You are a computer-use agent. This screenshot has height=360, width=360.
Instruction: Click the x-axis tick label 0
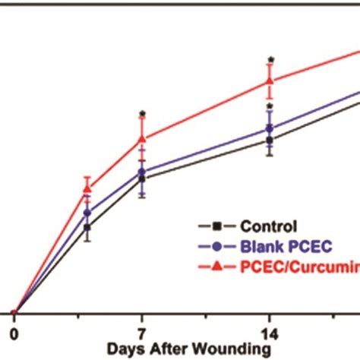pyautogui.click(x=13, y=332)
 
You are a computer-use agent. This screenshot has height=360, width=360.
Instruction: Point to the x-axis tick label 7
pyautogui.click(x=141, y=332)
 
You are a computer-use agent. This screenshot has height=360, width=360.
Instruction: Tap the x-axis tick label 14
pyautogui.click(x=269, y=332)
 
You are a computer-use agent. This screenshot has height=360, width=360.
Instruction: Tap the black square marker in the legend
pyautogui.click(x=217, y=226)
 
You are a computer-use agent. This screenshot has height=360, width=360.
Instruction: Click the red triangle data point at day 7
pyautogui.click(x=141, y=139)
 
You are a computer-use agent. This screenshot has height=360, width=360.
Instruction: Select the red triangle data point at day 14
pyautogui.click(x=270, y=81)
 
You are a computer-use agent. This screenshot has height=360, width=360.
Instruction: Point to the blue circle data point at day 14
pyautogui.click(x=270, y=129)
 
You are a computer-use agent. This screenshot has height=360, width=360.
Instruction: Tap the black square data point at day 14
pyautogui.click(x=270, y=139)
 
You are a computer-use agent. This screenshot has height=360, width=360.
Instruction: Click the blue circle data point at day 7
pyautogui.click(x=141, y=172)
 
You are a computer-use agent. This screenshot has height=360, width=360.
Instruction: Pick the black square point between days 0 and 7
pyautogui.click(x=87, y=227)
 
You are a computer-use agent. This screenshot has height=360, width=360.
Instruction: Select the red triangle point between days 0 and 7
pyautogui.click(x=87, y=188)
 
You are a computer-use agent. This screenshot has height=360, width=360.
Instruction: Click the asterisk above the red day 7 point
pyautogui.click(x=141, y=115)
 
